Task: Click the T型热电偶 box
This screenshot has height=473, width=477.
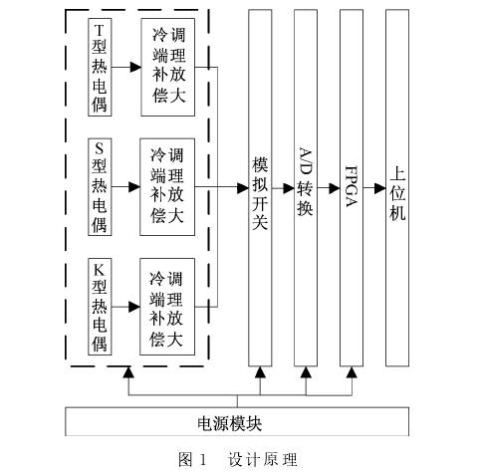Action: tap(100, 67)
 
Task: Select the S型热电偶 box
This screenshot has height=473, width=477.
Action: tap(100, 187)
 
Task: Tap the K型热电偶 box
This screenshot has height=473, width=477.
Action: tap(100, 307)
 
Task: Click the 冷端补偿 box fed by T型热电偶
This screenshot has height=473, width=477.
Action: tap(167, 67)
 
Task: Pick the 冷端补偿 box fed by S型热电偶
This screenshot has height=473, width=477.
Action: tap(167, 187)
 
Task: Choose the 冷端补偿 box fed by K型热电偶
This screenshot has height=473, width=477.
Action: tap(167, 307)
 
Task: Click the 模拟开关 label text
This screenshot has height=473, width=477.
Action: tap(260, 193)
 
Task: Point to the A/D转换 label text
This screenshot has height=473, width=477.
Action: tap(306, 181)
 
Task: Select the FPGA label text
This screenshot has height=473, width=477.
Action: tap(352, 186)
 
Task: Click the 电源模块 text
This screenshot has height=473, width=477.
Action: tap(229, 423)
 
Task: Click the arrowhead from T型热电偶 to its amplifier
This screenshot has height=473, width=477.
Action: tap(135, 67)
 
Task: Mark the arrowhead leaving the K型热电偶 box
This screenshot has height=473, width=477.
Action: tap(134, 307)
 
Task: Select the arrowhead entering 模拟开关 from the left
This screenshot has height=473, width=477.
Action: tap(243, 188)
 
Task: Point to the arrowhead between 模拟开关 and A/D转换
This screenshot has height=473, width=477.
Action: tap(289, 188)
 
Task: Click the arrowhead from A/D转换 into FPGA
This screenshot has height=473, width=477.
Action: tap(335, 188)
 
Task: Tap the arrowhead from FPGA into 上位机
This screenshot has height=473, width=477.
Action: tap(380, 188)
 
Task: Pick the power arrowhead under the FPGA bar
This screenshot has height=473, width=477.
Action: tap(352, 372)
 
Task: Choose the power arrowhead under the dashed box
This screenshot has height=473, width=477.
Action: tap(128, 372)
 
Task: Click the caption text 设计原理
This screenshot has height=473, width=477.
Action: tap(262, 460)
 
